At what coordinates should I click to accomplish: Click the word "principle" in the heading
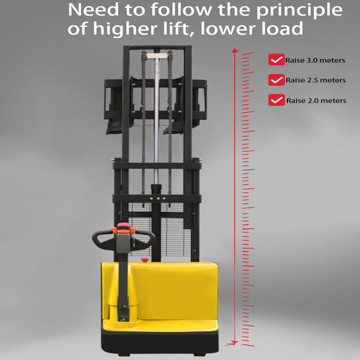coord(299,11)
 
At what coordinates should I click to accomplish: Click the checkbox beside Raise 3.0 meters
coord(276,59)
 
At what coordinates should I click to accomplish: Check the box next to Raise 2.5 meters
coord(276,80)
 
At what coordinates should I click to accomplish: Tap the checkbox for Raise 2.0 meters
coord(276,100)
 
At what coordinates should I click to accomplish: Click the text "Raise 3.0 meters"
coord(315,60)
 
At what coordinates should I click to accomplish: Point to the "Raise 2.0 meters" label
coord(316,100)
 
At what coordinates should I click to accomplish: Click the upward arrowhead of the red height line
coord(235,50)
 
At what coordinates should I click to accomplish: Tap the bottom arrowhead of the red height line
coord(235,343)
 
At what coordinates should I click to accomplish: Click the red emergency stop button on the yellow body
coord(145,260)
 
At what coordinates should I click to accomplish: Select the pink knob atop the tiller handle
coord(124,225)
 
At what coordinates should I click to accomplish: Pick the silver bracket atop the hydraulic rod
coord(157,56)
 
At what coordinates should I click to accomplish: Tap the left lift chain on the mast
coord(143,122)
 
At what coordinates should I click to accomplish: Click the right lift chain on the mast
coord(170,122)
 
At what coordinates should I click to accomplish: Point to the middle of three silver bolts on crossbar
coord(158,199)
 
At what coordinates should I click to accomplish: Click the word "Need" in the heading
coord(94,10)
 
